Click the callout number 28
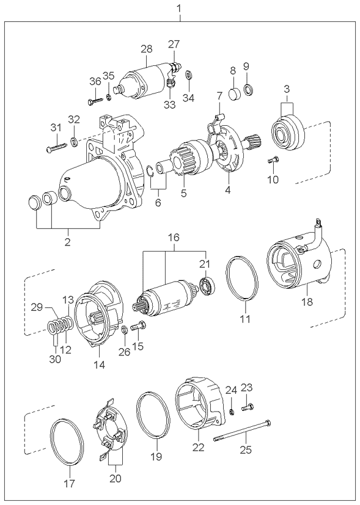(x=147, y=49)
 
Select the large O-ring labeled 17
(x=68, y=442)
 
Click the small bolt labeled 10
(x=273, y=160)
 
